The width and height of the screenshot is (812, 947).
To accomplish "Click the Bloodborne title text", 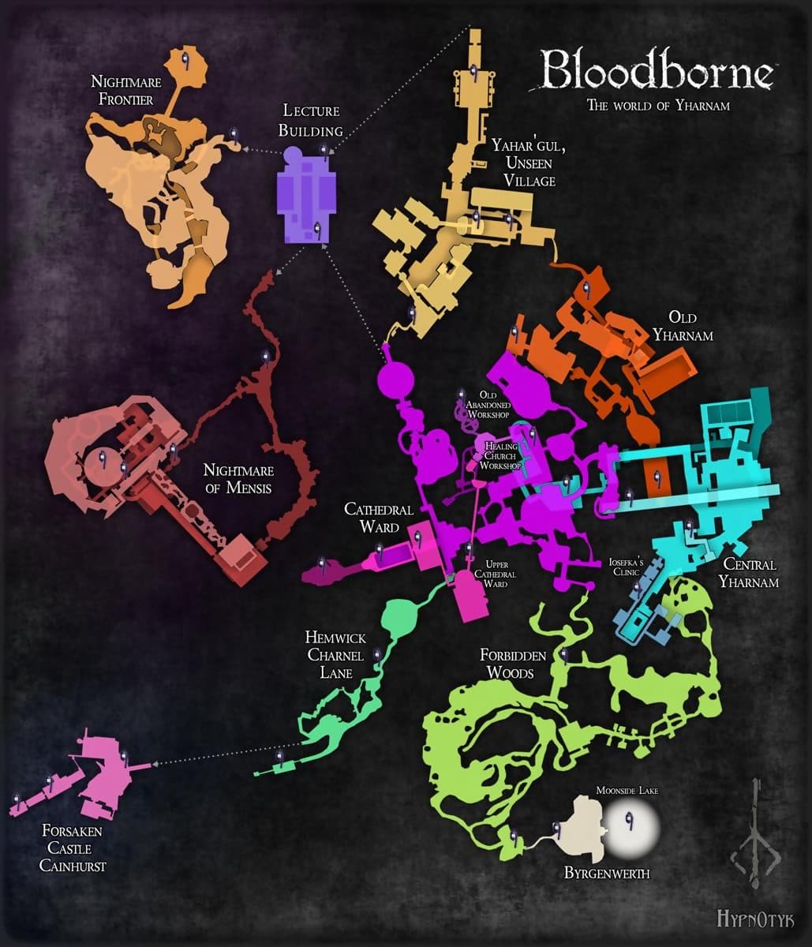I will point(657,72).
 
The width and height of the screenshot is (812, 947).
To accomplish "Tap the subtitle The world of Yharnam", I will point(657,106).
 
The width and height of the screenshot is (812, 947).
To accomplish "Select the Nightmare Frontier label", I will point(122,90).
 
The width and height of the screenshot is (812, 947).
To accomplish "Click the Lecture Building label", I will point(313,121).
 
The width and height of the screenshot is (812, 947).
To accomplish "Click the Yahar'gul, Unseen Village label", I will point(522,163).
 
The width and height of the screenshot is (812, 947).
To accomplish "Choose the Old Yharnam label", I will point(683,326).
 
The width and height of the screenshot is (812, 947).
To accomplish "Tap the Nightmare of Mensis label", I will point(238,478).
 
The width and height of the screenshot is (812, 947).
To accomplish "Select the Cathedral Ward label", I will point(372,518).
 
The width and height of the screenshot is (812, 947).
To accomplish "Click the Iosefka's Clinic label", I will point(627,567).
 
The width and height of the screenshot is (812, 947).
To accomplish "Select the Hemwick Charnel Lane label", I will point(335,654).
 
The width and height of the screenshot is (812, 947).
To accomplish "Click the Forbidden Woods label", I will point(507,664).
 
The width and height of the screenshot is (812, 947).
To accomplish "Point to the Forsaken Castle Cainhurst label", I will point(73,848).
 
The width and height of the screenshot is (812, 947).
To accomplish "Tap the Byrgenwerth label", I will point(606,873).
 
